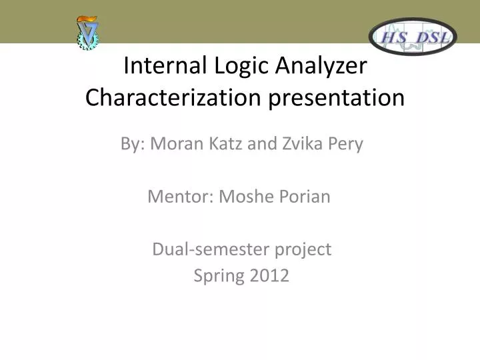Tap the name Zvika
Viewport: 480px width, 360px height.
[x=298, y=144]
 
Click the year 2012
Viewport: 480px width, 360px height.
[x=271, y=275]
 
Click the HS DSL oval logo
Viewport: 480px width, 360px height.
[x=413, y=36]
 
